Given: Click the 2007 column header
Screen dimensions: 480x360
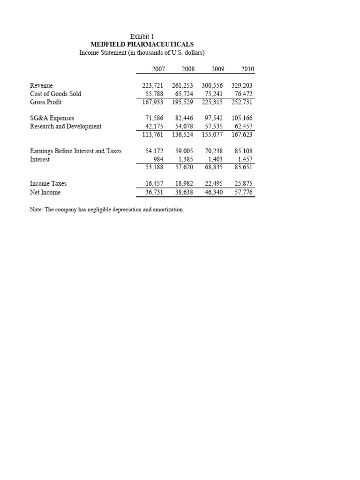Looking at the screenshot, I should (158, 69).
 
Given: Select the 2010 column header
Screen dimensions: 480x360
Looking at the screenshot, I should (247, 69).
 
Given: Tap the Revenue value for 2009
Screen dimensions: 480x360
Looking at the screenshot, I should (213, 86).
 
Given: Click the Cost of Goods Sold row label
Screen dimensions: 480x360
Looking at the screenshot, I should (55, 94).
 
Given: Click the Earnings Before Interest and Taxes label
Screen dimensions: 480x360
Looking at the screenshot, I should (75, 151).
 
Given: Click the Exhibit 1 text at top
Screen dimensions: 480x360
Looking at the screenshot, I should (142, 36).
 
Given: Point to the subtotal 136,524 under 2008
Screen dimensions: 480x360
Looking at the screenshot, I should (181, 134).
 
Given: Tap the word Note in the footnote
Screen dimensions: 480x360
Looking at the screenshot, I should (36, 210).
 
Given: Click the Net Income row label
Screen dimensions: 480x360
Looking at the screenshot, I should (45, 192).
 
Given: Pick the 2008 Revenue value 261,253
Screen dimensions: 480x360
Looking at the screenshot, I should (181, 86).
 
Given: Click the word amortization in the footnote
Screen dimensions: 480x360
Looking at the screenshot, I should (169, 210).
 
